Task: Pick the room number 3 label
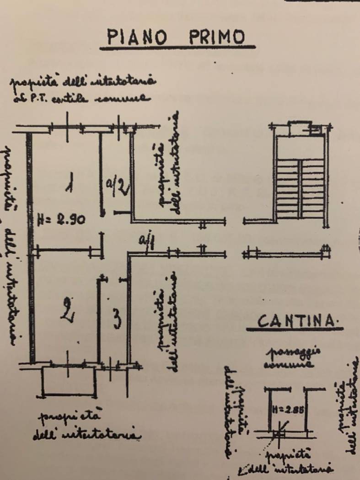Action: pyautogui.click(x=117, y=319)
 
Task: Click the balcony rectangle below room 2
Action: pyautogui.click(x=69, y=381)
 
